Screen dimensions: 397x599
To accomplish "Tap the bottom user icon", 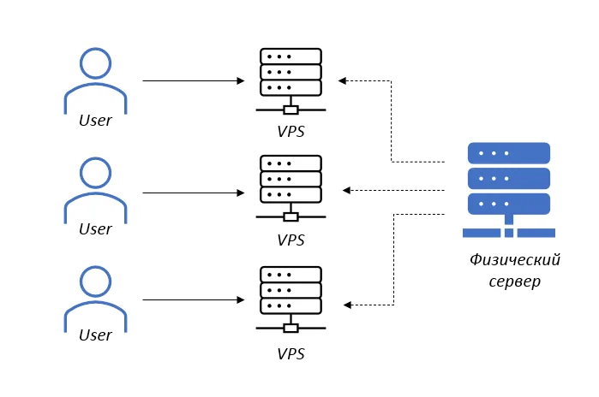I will click(95, 298).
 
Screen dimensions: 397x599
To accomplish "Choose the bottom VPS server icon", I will click(291, 298).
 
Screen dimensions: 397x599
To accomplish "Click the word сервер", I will click(514, 281).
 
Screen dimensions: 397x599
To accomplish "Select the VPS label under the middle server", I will click(291, 240).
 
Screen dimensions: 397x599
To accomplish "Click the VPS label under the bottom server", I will click(291, 353).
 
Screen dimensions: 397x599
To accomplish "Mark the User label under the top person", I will click(95, 121).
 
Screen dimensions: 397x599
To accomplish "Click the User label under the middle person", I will click(95, 229).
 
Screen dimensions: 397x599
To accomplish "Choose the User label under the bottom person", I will click(95, 335).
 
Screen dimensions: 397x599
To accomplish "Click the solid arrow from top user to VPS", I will click(194, 81).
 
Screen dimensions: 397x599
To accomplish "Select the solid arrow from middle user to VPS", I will click(194, 193).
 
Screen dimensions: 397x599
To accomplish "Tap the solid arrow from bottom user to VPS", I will click(194, 300).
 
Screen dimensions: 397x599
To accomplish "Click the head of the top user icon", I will click(95, 63).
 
